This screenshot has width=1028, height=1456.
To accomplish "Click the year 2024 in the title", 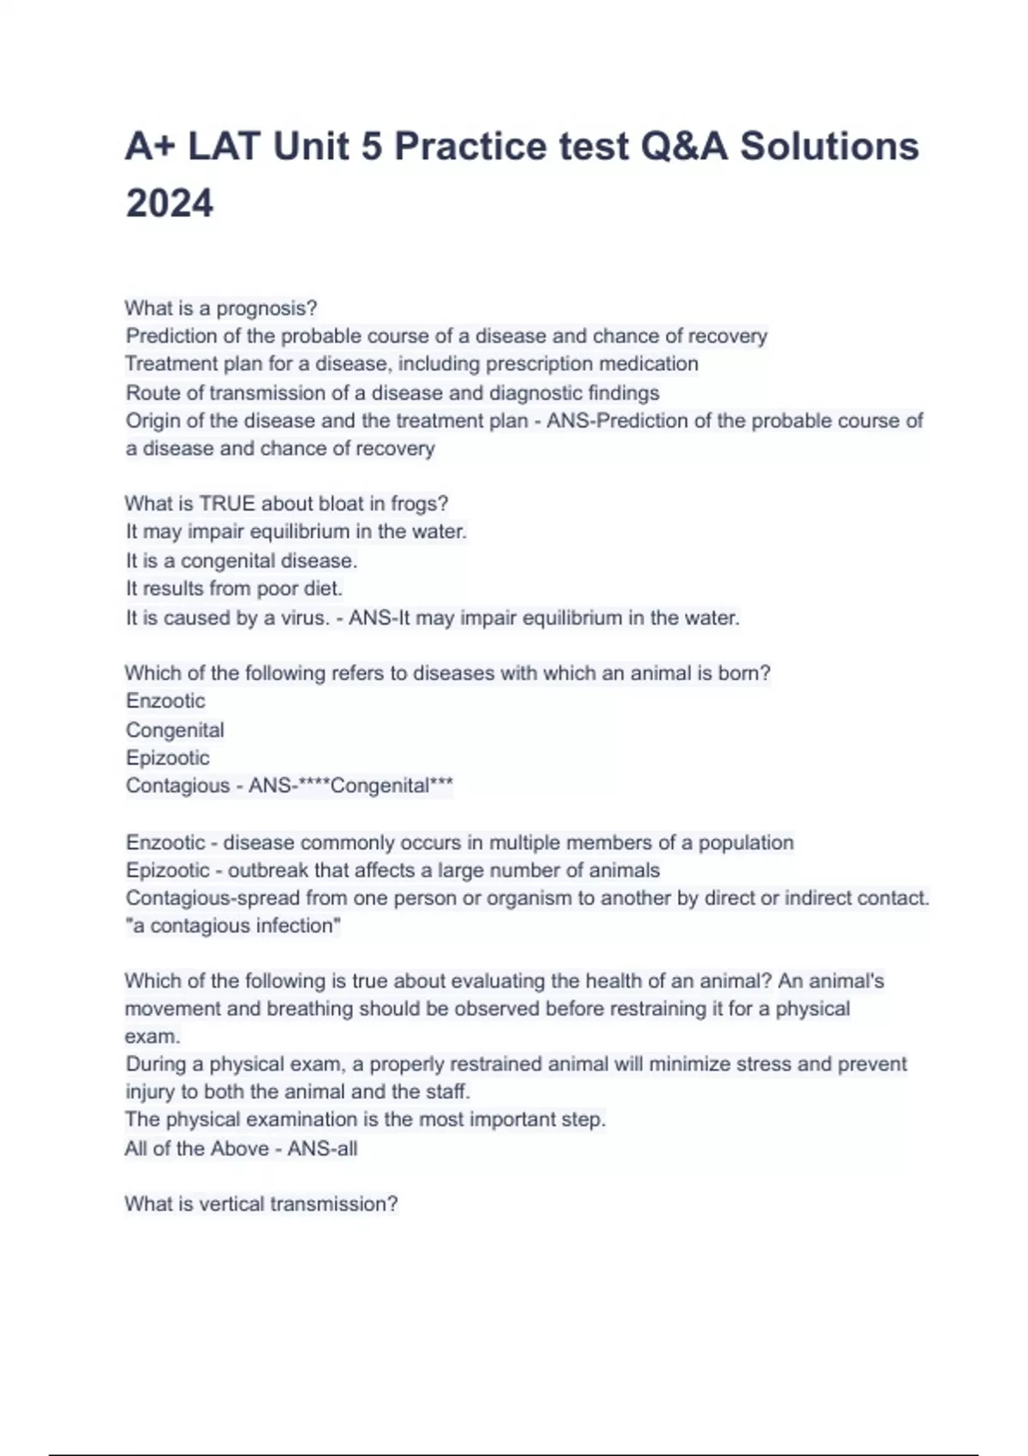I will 170,204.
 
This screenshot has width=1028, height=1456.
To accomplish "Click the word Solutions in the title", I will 829,146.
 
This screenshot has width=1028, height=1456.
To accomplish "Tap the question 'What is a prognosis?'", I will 221,307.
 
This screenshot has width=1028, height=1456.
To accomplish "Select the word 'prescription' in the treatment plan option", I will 539,364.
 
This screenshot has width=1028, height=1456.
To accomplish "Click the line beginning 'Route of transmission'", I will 392,393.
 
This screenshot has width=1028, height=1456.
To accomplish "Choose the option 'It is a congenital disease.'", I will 242,561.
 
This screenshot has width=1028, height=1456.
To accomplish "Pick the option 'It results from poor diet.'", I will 234,589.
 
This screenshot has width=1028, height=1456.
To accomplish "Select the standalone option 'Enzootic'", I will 165,701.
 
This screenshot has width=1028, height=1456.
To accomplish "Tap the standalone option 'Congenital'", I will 175,730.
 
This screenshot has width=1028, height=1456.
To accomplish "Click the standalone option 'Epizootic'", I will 167,758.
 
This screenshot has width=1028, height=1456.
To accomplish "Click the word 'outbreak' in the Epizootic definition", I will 267,870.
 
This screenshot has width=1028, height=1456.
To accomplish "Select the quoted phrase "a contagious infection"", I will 233,926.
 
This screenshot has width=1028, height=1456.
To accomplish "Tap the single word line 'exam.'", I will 152,1036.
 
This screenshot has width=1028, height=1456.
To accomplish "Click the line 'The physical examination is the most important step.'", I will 365,1119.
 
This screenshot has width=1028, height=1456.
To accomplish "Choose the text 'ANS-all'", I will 322,1149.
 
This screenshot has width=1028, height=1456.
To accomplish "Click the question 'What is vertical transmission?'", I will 261,1204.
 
